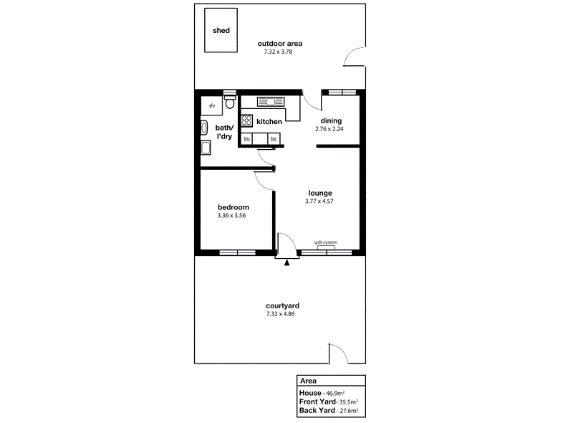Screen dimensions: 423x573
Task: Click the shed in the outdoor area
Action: click(x=221, y=30)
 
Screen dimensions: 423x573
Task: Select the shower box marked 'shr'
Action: click(x=212, y=106)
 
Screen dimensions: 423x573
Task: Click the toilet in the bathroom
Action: click(x=229, y=103)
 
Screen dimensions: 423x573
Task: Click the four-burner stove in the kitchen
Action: click(x=246, y=120)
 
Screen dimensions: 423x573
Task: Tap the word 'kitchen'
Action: click(x=269, y=122)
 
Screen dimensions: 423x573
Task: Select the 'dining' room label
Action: click(x=331, y=120)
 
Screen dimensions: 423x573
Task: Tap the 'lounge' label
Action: click(x=320, y=193)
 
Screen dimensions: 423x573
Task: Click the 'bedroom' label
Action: click(x=233, y=207)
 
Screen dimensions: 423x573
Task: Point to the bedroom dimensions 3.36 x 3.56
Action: click(x=233, y=216)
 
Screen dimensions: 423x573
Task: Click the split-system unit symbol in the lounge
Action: click(x=326, y=247)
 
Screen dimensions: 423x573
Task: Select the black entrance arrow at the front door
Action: click(x=287, y=263)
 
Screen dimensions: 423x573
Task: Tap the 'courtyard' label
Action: click(x=282, y=305)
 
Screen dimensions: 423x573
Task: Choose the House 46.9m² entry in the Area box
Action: click(x=319, y=394)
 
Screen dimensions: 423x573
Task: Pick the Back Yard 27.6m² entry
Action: click(x=329, y=412)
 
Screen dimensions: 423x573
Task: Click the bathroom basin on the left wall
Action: click(x=206, y=148)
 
